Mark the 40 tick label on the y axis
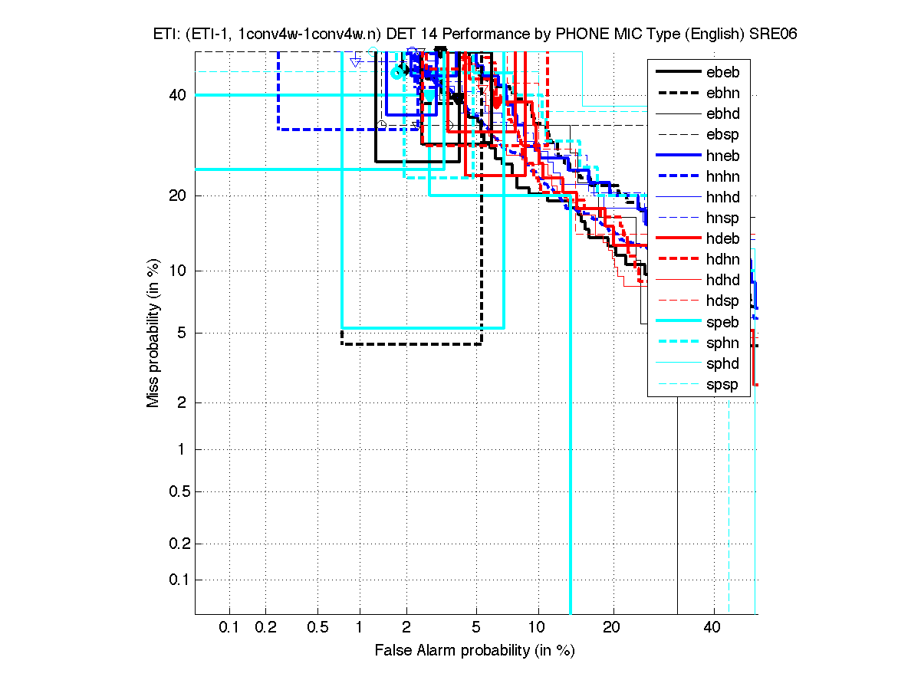point(176,95)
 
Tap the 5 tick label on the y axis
point(180,333)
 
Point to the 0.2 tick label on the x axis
point(265,628)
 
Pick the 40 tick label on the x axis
point(712,628)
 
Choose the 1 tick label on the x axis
point(360,628)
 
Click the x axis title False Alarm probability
point(475,650)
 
